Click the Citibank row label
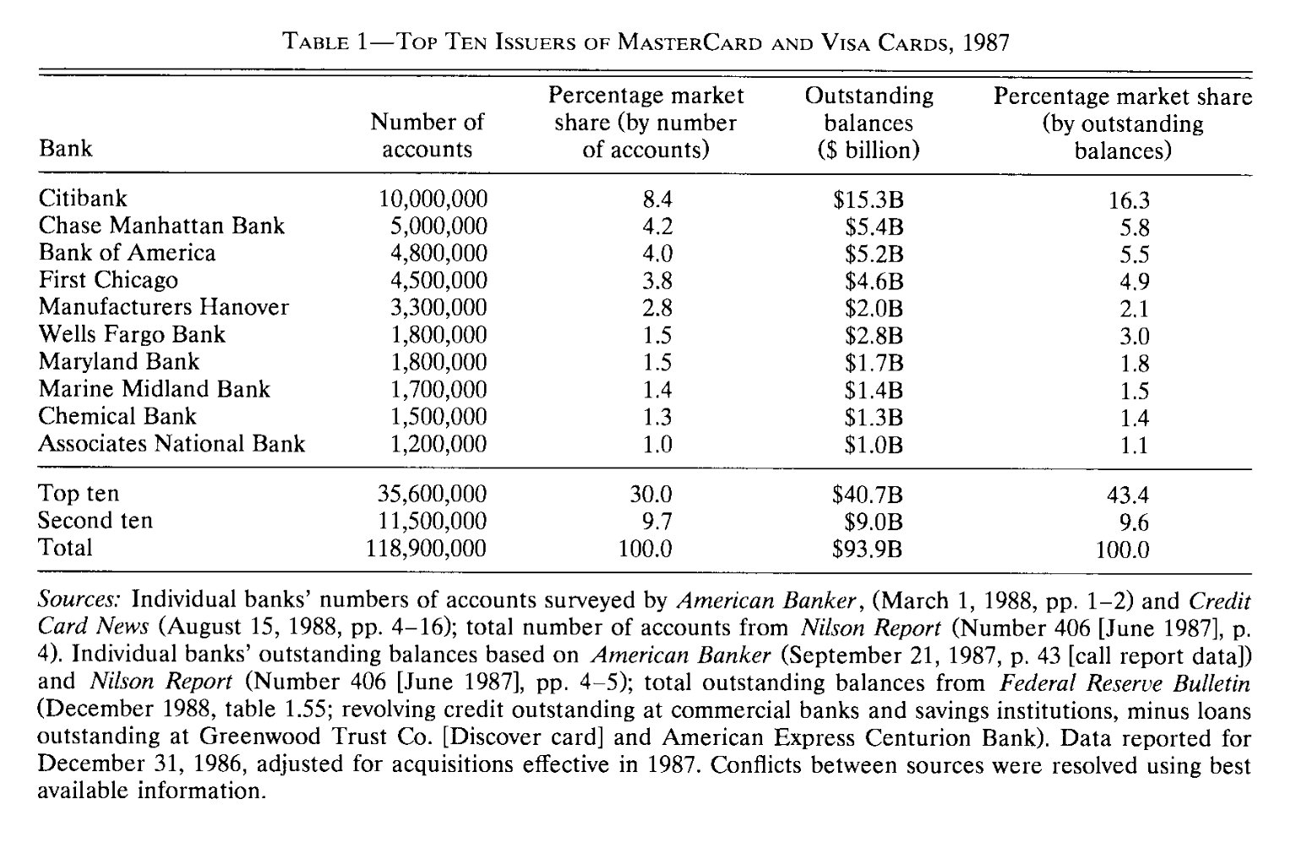(83, 199)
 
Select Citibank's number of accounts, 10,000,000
(433, 200)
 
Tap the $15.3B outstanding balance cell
(868, 200)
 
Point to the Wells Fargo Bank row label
(132, 334)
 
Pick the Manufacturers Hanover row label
(164, 307)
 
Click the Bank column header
(65, 149)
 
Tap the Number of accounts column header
(428, 135)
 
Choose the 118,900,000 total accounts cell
(426, 549)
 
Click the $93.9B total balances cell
(868, 550)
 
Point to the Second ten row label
(95, 520)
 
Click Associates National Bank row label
(172, 444)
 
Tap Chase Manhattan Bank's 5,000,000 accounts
(439, 227)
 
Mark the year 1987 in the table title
(986, 42)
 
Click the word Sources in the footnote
(81, 600)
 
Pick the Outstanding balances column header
(869, 123)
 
